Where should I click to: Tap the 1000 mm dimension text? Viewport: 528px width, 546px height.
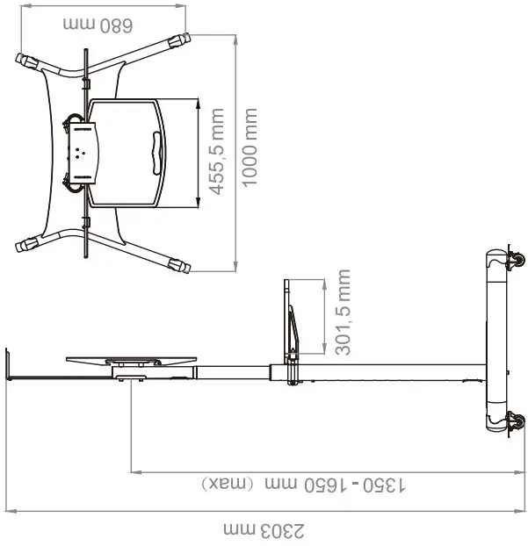tap(250, 147)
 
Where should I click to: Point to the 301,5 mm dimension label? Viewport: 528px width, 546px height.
tap(343, 313)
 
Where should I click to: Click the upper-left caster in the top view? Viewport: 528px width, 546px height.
tap(25, 61)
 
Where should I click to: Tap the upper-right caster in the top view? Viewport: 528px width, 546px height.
tap(180, 40)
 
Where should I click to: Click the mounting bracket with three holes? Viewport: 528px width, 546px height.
tap(81, 150)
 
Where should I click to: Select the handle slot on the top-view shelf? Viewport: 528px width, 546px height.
tap(156, 150)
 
